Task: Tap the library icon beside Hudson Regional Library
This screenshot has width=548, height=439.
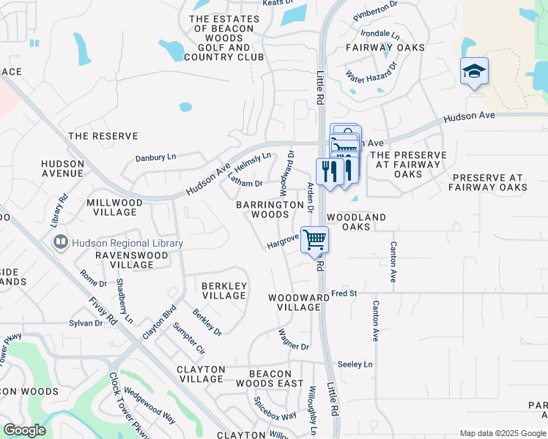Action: tap(59, 242)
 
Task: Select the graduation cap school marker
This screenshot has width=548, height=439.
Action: tap(474, 72)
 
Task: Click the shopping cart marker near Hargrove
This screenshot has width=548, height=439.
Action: tap(314, 239)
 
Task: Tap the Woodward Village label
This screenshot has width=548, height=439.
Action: tap(298, 302)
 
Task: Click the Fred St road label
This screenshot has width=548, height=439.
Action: tap(344, 293)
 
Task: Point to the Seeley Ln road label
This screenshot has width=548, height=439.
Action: tap(355, 364)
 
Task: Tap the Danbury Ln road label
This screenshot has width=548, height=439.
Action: tap(156, 157)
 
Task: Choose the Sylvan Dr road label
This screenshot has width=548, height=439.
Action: tap(86, 323)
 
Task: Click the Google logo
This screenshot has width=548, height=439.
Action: tap(25, 430)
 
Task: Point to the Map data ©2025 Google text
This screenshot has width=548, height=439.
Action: tap(503, 434)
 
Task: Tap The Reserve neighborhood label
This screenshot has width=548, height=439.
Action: tap(103, 136)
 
